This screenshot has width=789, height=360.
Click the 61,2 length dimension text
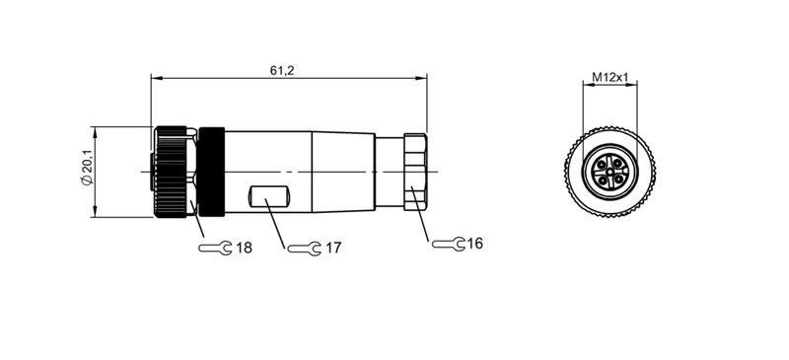(x=282, y=69)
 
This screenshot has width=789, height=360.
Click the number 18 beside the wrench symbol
(x=244, y=249)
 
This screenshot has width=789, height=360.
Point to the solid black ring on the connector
(x=213, y=172)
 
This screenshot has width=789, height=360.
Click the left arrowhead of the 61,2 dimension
(x=154, y=77)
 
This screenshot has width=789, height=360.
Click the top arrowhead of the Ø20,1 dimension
(x=96, y=130)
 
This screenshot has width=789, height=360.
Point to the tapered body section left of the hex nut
(x=343, y=172)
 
